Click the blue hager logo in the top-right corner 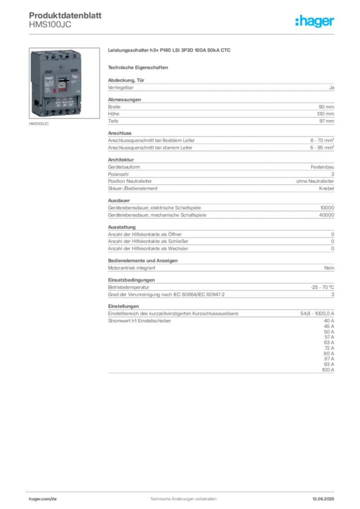315,21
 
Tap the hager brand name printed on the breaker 49,78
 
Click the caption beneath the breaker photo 39,125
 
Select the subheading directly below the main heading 139,67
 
